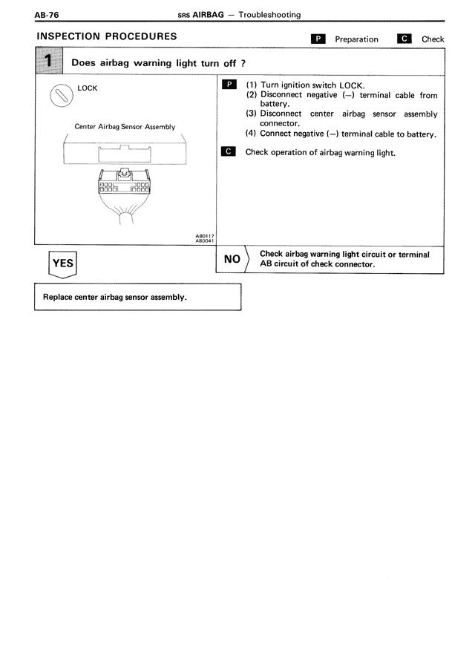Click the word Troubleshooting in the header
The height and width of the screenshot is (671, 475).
(270, 15)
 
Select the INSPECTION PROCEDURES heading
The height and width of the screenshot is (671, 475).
(106, 36)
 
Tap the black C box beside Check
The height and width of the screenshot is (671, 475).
(404, 39)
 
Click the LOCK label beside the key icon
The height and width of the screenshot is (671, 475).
(88, 88)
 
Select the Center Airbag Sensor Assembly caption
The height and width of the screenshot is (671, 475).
(125, 126)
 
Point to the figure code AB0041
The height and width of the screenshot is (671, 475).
(205, 240)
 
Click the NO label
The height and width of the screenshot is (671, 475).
(232, 259)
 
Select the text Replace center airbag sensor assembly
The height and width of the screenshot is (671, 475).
(115, 297)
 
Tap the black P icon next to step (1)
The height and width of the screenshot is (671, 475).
(229, 85)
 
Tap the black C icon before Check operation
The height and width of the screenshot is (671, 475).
(229, 152)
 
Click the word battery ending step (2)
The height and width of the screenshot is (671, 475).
(274, 104)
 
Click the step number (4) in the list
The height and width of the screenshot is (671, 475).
(251, 134)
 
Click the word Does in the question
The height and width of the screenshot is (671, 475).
(84, 62)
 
